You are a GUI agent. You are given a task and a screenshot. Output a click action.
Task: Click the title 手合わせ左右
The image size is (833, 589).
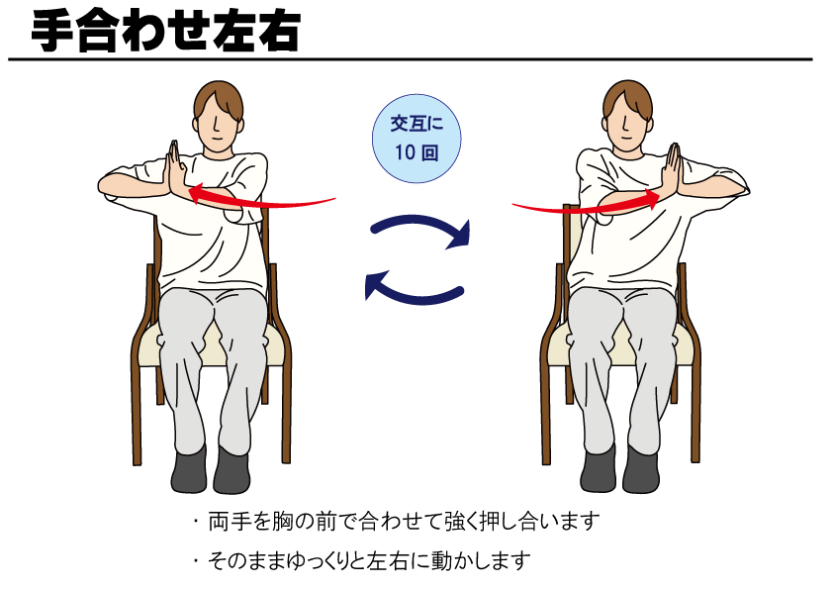(166, 32)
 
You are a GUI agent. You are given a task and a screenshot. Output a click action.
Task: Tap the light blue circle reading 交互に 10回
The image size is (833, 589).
(416, 139)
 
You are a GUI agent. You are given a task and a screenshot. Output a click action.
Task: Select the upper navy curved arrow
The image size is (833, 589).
(419, 222)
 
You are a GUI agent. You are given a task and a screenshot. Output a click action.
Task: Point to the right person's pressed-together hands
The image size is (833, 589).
(672, 170)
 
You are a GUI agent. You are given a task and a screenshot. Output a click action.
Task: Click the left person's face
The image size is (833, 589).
(217, 127)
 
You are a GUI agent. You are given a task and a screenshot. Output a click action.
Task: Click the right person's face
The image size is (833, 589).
(627, 127)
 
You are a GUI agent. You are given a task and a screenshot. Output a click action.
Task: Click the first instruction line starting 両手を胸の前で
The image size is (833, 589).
(404, 522)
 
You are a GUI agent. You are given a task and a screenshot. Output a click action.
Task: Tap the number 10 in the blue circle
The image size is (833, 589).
(405, 152)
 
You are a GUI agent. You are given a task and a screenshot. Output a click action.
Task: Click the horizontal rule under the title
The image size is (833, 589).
(411, 59)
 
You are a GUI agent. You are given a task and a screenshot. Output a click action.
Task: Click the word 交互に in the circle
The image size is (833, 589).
(416, 124)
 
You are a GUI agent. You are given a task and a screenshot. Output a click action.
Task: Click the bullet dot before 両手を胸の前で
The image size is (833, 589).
(196, 522)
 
